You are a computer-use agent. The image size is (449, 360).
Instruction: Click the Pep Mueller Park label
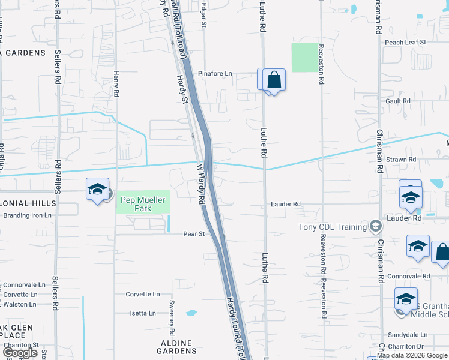point(142,204)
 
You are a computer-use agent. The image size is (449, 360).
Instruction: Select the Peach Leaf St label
point(405,43)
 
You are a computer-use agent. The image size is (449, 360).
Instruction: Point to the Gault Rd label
point(398,101)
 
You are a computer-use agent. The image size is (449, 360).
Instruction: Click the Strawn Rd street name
point(402,160)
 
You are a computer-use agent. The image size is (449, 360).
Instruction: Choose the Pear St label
point(194,234)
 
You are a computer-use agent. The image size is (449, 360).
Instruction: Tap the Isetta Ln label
point(143,313)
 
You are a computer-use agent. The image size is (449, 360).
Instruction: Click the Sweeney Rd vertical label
point(172,317)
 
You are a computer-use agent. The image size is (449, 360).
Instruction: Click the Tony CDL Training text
point(333,227)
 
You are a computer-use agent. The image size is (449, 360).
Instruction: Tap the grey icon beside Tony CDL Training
point(376,226)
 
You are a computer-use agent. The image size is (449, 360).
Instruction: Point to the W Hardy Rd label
point(199,186)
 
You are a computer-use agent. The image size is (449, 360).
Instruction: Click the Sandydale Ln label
point(406,335)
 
